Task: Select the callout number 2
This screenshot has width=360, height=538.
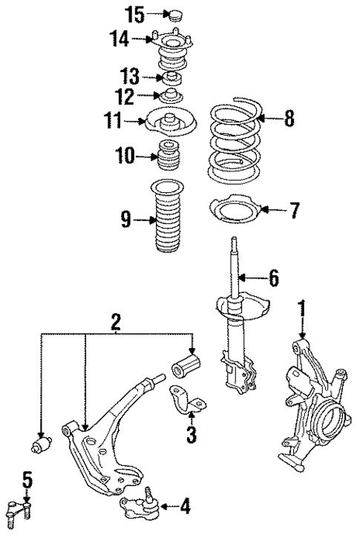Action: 116,321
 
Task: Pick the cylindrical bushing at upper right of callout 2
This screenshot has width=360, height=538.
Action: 187,368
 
